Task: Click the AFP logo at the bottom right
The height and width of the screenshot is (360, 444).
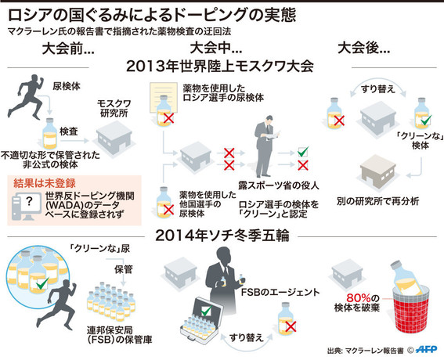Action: click(x=426, y=349)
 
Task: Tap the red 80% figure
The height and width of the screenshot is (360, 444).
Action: click(x=359, y=297)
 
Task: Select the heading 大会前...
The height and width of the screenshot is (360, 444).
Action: click(x=68, y=49)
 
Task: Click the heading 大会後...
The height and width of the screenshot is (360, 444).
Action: click(x=363, y=48)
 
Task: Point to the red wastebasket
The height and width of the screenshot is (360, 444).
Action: click(x=411, y=309)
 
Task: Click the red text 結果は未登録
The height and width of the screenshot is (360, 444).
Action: click(x=45, y=183)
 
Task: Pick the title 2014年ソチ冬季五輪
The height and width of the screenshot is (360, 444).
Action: click(x=222, y=236)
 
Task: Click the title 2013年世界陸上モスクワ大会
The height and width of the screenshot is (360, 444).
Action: click(x=220, y=67)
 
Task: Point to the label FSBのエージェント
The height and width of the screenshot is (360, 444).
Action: click(x=280, y=292)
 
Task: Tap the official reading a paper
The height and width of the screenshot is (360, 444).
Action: click(x=265, y=146)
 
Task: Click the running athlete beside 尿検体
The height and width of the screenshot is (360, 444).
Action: click(x=26, y=97)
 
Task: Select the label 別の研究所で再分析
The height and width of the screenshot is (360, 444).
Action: click(x=377, y=201)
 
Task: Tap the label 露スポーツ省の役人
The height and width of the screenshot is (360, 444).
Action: click(x=279, y=185)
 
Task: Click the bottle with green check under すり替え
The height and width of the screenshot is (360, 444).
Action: click(x=422, y=113)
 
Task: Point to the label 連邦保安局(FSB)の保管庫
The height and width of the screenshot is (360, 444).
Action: click(x=119, y=334)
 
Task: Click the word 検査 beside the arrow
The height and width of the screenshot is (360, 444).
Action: click(x=69, y=131)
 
